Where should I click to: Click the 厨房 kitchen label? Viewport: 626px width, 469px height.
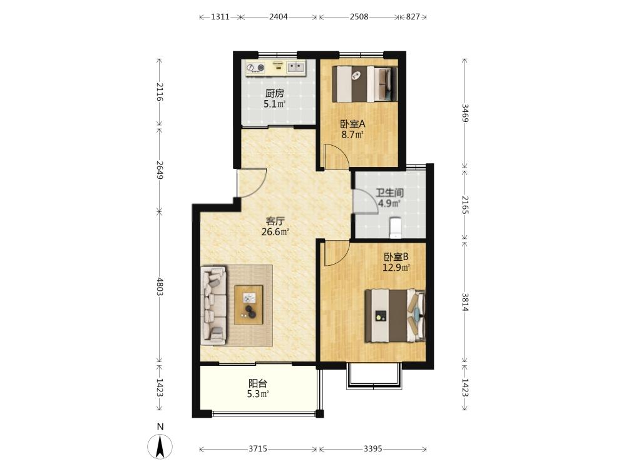[x=275, y=93]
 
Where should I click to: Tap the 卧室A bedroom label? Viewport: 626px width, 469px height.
[x=352, y=124]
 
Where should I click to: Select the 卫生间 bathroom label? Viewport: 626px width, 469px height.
[x=389, y=193]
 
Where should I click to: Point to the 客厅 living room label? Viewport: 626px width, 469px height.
[x=275, y=221]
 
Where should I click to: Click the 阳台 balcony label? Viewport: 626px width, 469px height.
[x=257, y=384]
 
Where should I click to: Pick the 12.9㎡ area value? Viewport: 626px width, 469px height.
[x=396, y=268]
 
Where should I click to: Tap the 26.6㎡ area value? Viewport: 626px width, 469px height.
[x=275, y=232]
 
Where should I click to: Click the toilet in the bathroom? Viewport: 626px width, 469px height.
[x=395, y=227]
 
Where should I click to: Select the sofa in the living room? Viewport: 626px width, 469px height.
[x=213, y=306]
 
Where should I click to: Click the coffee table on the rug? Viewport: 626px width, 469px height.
[x=249, y=305]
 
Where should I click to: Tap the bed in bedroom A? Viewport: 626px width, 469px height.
[x=365, y=84]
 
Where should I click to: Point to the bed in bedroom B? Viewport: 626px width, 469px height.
[x=395, y=315]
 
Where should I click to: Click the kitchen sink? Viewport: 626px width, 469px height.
[x=296, y=67]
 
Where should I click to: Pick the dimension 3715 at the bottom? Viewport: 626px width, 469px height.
[x=258, y=449]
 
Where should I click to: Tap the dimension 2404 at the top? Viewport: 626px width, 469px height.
[x=279, y=17]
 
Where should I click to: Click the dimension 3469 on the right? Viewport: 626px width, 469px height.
[x=465, y=113]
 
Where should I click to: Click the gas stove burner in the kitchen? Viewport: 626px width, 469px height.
[x=255, y=68]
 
